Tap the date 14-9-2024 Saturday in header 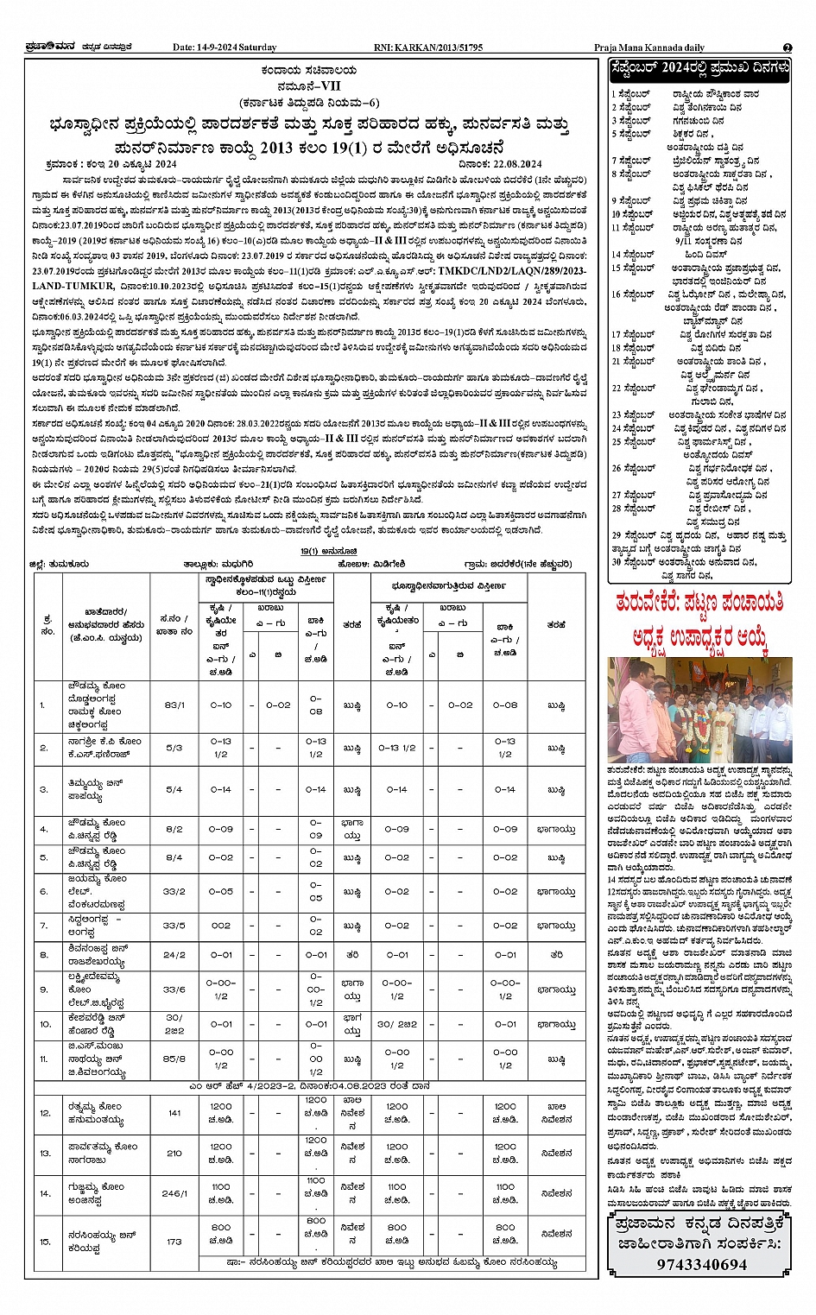point(225,47)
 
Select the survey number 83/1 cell point(174,705)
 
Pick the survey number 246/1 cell point(174,1193)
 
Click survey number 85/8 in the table point(174,1059)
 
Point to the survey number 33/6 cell point(174,989)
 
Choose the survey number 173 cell point(174,1241)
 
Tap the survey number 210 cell point(174,1153)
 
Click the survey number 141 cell point(174,1112)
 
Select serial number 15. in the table point(45,1241)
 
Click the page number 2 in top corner point(787,47)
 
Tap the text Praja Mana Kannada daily point(649,47)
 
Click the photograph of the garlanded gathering point(700,709)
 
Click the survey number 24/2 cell point(174,955)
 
